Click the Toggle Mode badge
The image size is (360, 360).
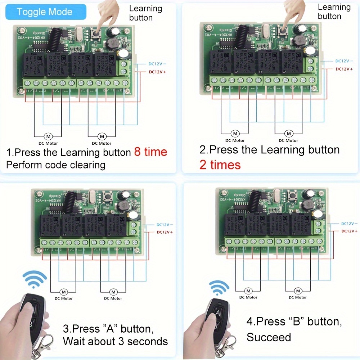(44, 12)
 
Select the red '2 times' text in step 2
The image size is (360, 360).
(220, 165)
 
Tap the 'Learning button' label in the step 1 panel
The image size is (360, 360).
(145, 13)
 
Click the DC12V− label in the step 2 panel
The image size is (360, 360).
(344, 61)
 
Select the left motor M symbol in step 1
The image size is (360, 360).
(48, 136)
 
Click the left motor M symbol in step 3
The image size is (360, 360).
(63, 292)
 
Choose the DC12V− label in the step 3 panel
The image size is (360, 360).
(165, 225)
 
